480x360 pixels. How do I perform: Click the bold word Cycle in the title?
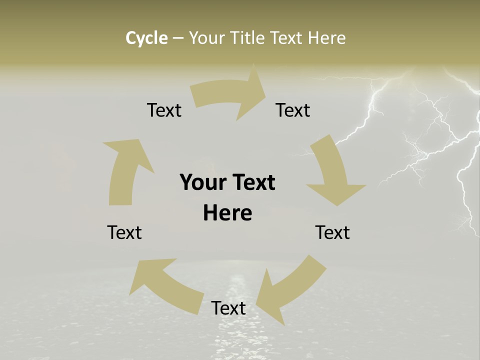click(x=146, y=38)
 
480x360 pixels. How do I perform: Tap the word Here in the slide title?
click(x=327, y=38)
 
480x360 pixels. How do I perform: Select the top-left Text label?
click(x=164, y=110)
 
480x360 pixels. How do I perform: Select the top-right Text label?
click(x=293, y=110)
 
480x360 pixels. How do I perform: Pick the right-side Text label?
click(x=332, y=232)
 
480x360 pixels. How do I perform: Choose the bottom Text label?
click(x=228, y=308)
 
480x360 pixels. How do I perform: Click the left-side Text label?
click(x=124, y=232)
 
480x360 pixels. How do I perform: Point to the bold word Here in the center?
click(x=227, y=213)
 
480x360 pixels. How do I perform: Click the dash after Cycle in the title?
click(x=178, y=38)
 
